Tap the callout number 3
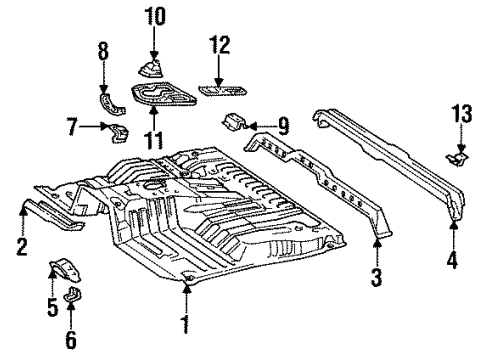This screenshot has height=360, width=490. (x=377, y=278)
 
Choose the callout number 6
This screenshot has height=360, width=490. (x=70, y=340)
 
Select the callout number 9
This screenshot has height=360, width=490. (x=283, y=125)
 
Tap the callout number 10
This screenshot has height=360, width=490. (x=154, y=16)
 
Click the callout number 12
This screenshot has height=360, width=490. (x=220, y=44)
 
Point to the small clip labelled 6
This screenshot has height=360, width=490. (x=72, y=296)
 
